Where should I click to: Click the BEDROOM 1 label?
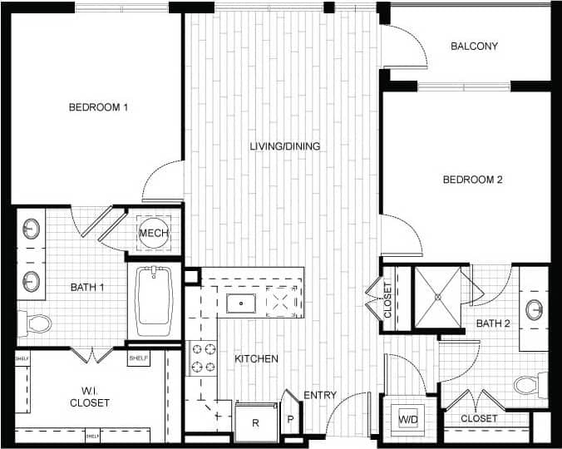(x=98, y=107)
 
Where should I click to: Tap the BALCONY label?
(x=474, y=47)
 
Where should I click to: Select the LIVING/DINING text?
(x=285, y=146)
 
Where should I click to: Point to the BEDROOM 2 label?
(x=472, y=180)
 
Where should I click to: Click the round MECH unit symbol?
(x=154, y=234)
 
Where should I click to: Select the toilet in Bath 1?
(x=37, y=323)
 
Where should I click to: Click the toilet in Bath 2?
(x=528, y=385)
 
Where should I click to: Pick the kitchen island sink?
(x=241, y=303)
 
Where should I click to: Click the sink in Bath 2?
(x=535, y=310)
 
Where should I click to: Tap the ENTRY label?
(x=320, y=395)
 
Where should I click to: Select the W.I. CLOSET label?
(x=90, y=396)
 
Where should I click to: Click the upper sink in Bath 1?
(x=32, y=228)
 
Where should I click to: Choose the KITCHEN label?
(x=256, y=359)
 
